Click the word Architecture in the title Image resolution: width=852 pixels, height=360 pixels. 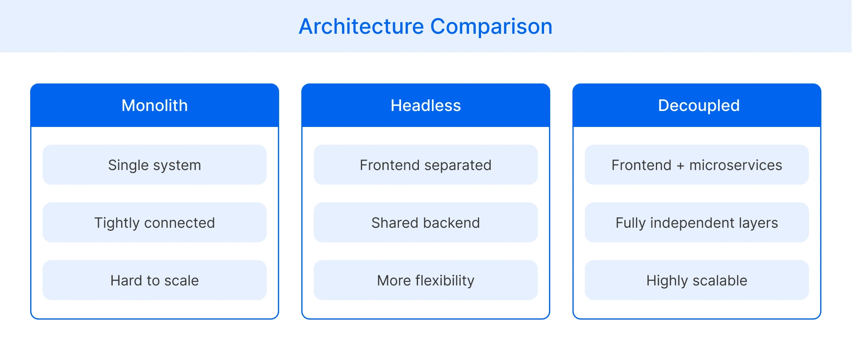[361, 27]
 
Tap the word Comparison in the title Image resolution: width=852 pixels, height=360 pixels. [491, 27]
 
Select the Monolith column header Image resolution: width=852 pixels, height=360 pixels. [154, 106]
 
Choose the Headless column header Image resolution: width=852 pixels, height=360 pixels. [426, 106]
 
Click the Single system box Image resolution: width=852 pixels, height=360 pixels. [154, 165]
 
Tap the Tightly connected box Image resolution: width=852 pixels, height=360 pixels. [154, 223]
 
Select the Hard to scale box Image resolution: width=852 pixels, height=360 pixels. [154, 281]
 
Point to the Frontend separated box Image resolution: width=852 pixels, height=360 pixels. [426, 165]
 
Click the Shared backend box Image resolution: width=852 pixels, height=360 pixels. [426, 223]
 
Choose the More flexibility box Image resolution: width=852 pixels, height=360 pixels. [426, 281]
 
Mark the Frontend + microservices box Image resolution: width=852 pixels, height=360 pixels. [697, 165]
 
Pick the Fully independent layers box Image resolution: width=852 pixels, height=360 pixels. [697, 223]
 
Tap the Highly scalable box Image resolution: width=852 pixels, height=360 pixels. [697, 281]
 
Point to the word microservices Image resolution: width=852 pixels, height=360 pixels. [735, 165]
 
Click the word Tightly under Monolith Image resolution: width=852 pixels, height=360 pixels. [117, 223]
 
